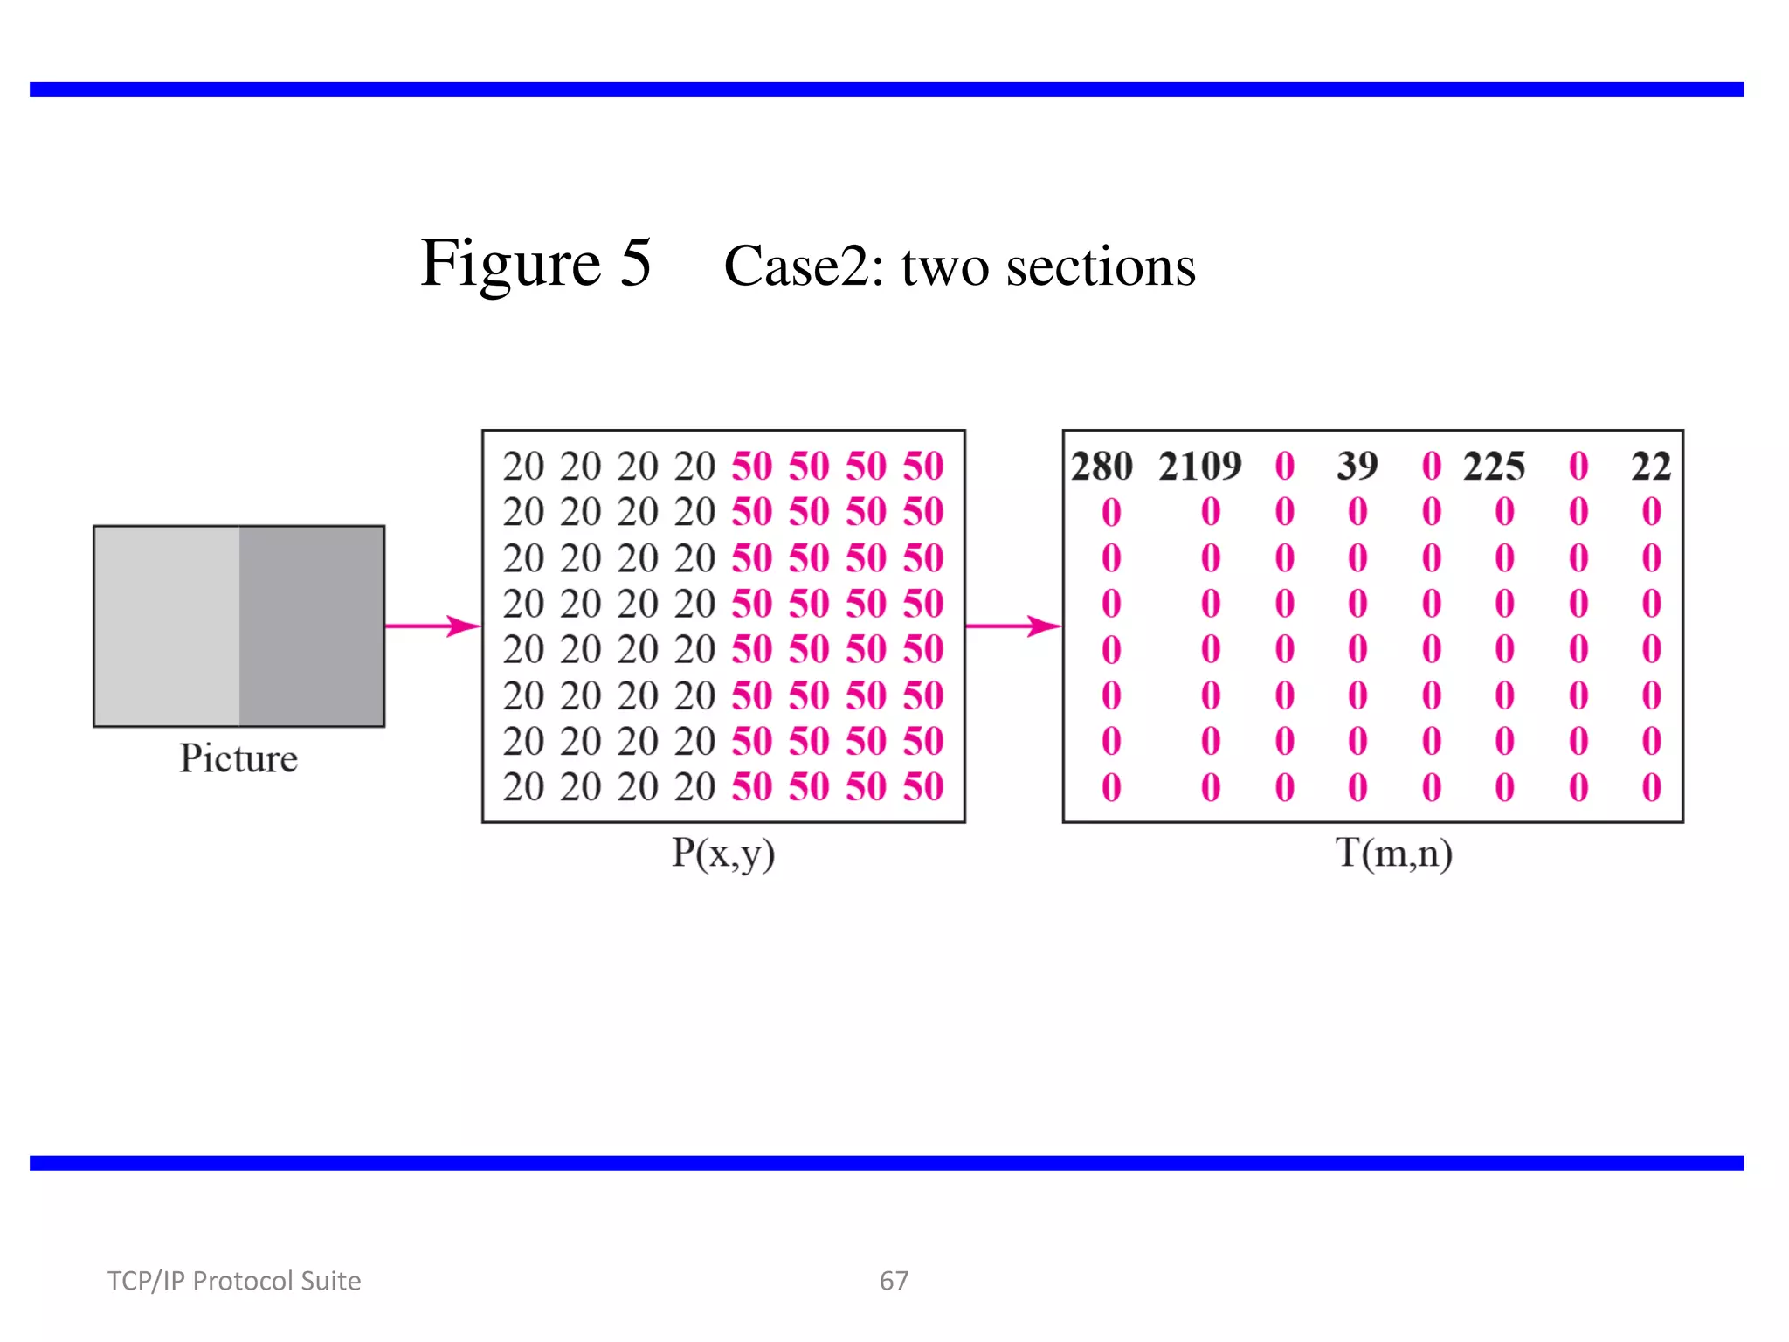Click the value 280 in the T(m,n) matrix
click(x=1102, y=467)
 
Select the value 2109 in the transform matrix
click(x=1199, y=467)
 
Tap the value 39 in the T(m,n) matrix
click(x=1357, y=467)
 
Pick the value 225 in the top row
click(x=1494, y=467)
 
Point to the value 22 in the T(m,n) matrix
click(x=1650, y=467)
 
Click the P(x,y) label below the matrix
click(x=722, y=853)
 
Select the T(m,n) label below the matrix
click(x=1393, y=853)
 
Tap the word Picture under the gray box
click(x=238, y=758)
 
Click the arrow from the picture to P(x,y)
click(x=432, y=626)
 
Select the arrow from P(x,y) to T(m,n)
click(x=1012, y=626)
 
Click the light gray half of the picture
click(x=167, y=626)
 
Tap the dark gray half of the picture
click(x=312, y=626)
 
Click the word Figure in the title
click(x=510, y=263)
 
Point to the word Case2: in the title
click(x=805, y=266)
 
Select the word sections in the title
click(x=1101, y=266)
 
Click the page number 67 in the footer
click(x=894, y=1281)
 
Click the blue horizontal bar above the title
click(x=887, y=89)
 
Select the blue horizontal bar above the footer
click(x=887, y=1163)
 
